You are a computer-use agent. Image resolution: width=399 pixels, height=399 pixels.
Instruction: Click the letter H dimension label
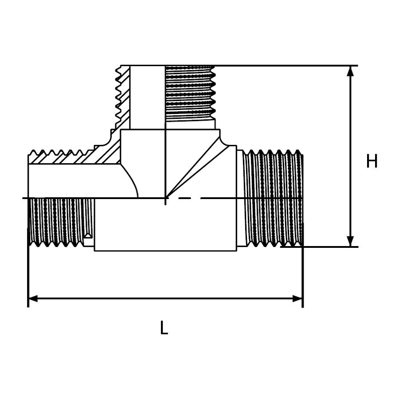[372, 162]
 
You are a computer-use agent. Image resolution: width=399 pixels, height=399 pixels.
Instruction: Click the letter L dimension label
[164, 329]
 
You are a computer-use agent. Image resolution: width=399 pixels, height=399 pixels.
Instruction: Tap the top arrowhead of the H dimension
[351, 72]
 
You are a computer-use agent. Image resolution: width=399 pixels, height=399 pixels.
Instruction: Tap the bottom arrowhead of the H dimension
[351, 240]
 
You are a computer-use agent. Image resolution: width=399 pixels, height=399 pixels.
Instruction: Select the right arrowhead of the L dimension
[297, 298]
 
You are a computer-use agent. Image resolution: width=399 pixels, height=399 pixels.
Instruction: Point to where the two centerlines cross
[165, 198]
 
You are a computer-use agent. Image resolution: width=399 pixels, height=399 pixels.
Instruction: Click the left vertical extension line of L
[28, 275]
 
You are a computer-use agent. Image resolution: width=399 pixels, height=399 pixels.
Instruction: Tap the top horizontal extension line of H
[288, 66]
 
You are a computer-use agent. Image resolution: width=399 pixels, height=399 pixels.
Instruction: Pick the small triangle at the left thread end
[89, 234]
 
